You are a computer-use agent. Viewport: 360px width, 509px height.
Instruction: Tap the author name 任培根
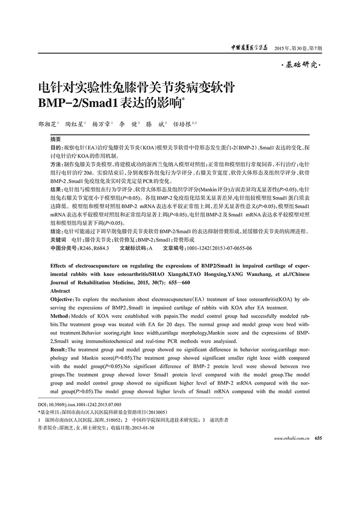(x=181, y=124)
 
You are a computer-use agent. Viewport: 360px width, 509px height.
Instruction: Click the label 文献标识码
(x=132, y=248)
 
